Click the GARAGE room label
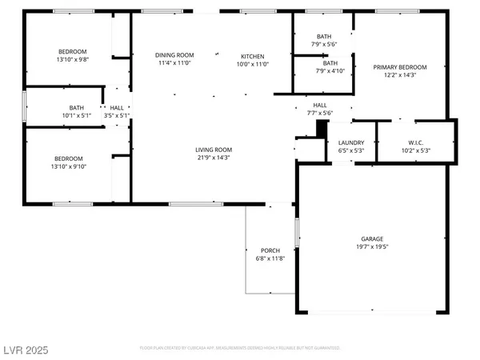371,239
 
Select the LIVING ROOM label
214,150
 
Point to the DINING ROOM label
174,55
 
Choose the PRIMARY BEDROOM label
400,67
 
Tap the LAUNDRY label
351,142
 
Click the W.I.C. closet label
414,142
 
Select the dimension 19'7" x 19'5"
371,247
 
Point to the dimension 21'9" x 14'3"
214,158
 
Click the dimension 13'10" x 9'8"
71,59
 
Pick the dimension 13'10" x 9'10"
71,166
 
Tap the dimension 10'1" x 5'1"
77,115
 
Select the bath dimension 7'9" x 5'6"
324,44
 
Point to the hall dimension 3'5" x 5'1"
117,115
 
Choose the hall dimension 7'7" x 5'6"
319,113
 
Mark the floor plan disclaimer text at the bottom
239,349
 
